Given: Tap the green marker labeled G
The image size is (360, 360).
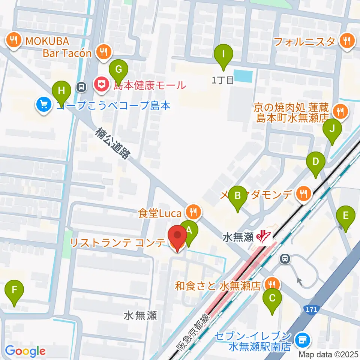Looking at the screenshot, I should [x=118, y=69].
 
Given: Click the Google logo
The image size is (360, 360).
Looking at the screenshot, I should [x=25, y=351].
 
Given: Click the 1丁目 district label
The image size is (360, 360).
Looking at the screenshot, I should [x=223, y=79].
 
